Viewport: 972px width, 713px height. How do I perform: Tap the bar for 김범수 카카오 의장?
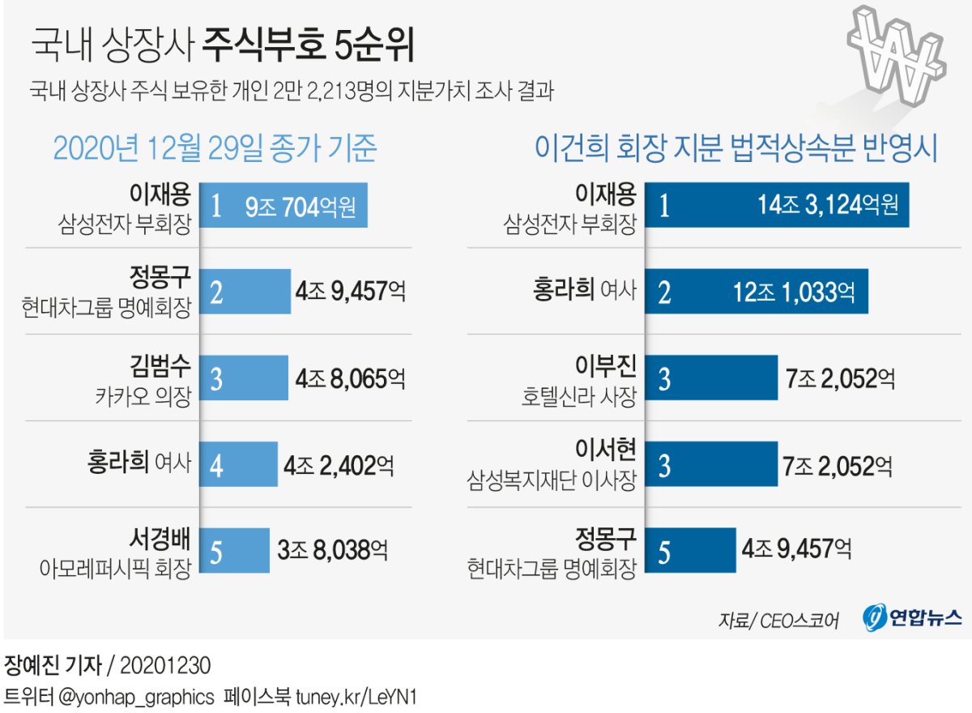pyautogui.click(x=244, y=378)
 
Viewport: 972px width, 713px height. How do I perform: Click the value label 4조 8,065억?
pyautogui.click(x=350, y=378)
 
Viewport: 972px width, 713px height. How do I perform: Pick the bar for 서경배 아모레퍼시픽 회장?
pyautogui.click(x=234, y=550)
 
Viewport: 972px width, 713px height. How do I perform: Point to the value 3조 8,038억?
pyautogui.click(x=332, y=550)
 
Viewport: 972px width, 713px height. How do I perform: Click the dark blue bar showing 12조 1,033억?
pyautogui.click(x=757, y=292)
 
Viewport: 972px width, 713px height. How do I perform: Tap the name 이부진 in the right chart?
pyautogui.click(x=607, y=366)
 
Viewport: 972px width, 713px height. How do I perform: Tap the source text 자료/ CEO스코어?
pyautogui.click(x=778, y=620)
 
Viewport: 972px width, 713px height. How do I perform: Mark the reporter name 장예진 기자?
pyautogui.click(x=53, y=666)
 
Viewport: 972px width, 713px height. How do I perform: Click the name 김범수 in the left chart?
pyautogui.click(x=161, y=366)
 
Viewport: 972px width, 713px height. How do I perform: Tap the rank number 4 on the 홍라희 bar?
pyautogui.click(x=215, y=465)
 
